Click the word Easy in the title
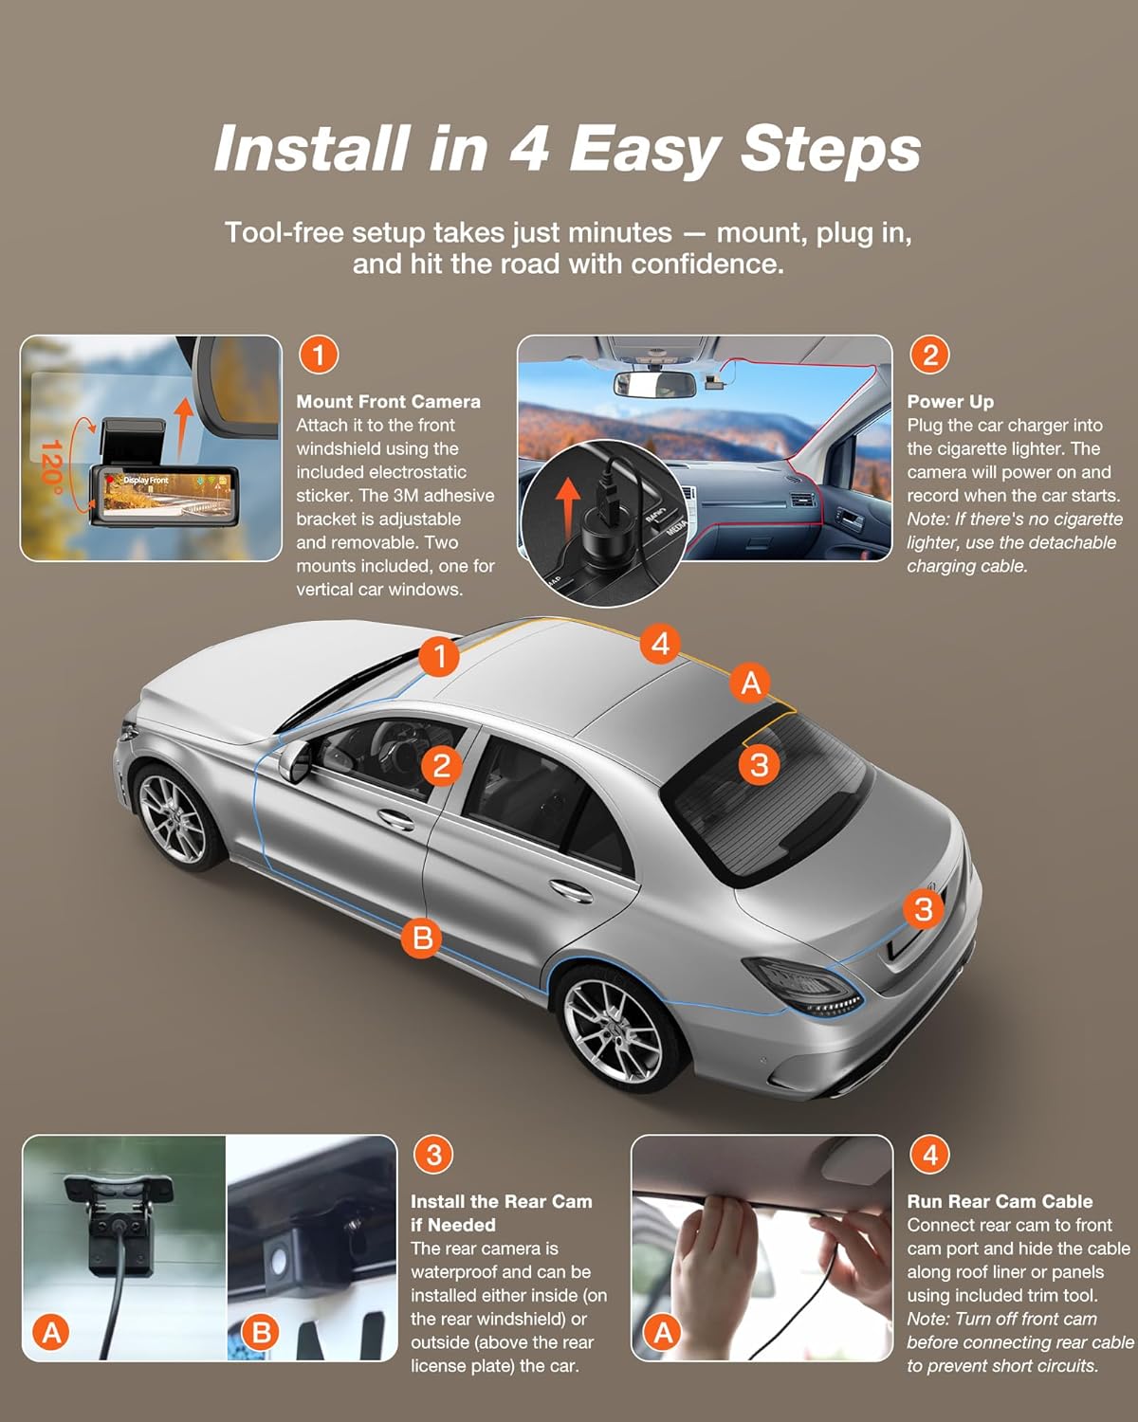pyautogui.click(x=644, y=150)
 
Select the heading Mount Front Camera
pyautogui.click(x=388, y=402)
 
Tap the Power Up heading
pyautogui.click(x=950, y=402)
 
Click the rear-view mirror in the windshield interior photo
pyautogui.click(x=654, y=385)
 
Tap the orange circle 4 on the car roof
pyautogui.click(x=660, y=643)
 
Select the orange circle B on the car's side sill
pyautogui.click(x=422, y=937)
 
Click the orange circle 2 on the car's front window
pyautogui.click(x=441, y=766)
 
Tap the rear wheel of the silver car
pyautogui.click(x=615, y=1026)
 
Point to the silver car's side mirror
pyautogui.click(x=295, y=760)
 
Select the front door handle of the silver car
pyautogui.click(x=395, y=819)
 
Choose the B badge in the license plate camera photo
pyautogui.click(x=261, y=1332)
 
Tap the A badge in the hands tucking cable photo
pyautogui.click(x=663, y=1332)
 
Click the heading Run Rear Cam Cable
pyautogui.click(x=1000, y=1201)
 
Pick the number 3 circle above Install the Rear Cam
pyautogui.click(x=433, y=1155)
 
